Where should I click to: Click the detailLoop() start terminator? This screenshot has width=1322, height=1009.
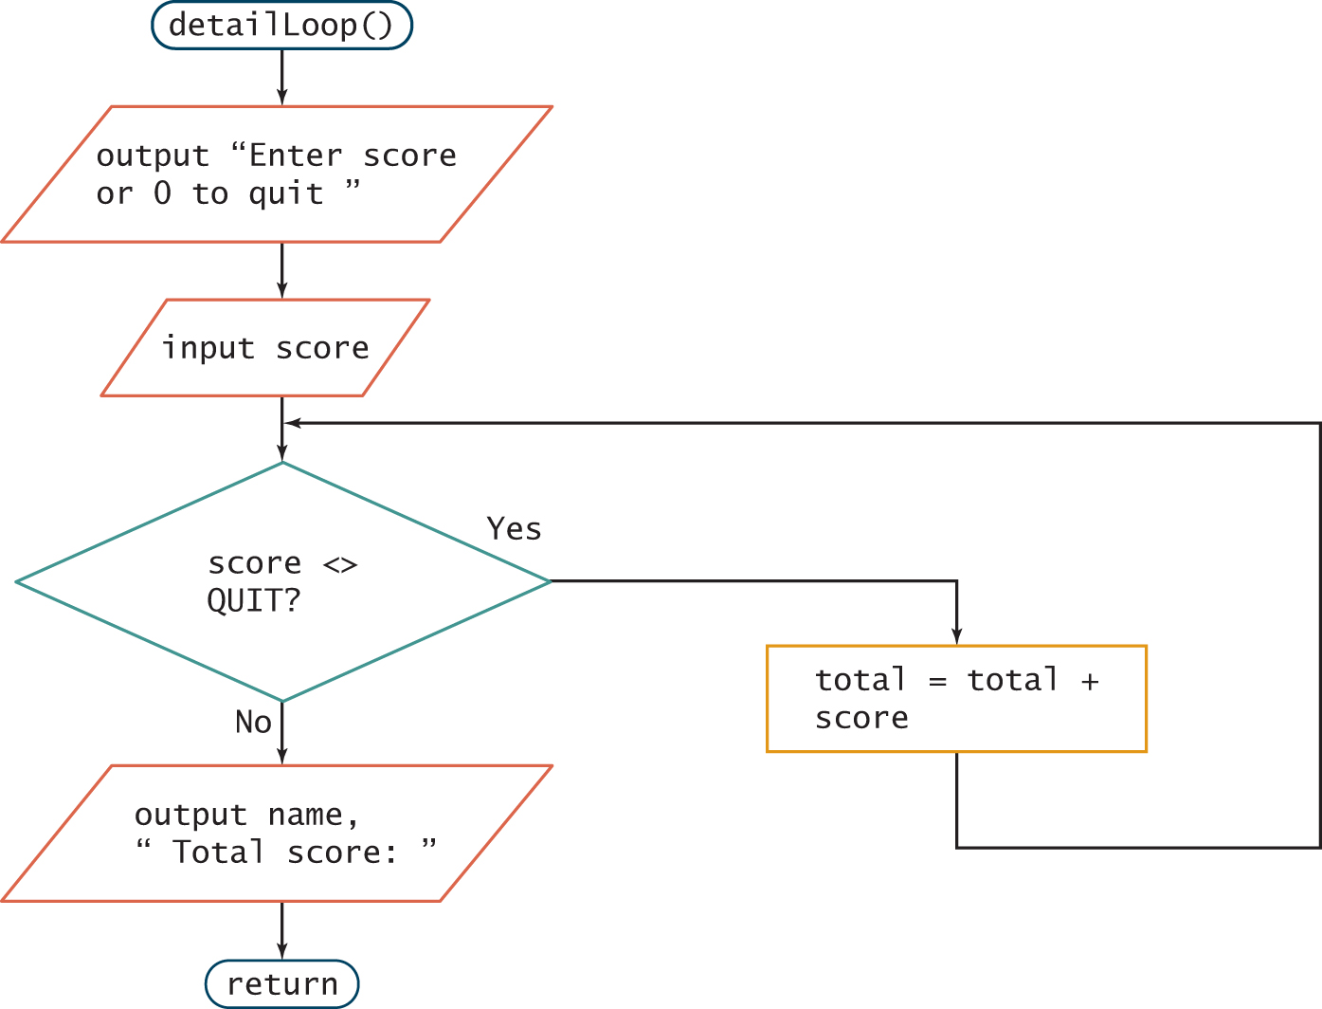(281, 26)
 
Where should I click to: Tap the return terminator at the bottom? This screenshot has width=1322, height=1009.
(281, 984)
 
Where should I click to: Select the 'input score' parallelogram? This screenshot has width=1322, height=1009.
(265, 348)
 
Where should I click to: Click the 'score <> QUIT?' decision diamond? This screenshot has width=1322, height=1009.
(282, 581)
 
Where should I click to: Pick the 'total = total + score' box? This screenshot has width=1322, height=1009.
(956, 699)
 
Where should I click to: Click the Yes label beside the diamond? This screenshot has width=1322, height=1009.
(514, 528)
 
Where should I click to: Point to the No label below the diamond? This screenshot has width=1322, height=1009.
(253, 723)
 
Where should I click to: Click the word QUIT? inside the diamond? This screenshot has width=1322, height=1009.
(253, 601)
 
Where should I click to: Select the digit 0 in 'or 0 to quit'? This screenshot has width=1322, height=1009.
(162, 193)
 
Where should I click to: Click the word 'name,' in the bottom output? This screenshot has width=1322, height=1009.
(313, 815)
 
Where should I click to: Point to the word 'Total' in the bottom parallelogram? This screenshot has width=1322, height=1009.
(218, 853)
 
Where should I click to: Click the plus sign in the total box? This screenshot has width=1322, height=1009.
(1090, 681)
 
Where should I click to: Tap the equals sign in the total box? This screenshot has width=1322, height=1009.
(937, 681)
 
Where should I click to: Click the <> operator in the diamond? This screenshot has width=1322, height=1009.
(340, 565)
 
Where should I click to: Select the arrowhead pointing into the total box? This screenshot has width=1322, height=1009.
(956, 636)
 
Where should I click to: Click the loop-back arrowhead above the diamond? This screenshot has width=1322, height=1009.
(294, 423)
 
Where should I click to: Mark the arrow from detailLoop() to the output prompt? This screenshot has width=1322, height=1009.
(281, 78)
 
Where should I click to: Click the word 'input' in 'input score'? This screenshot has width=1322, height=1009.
(208, 348)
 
